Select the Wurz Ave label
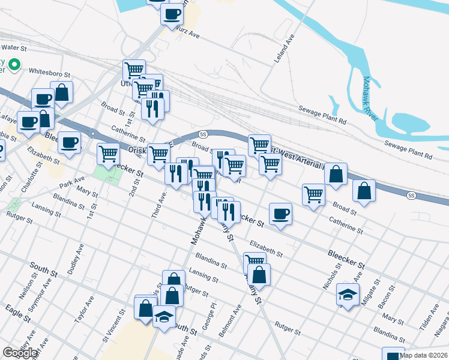tap(187, 34)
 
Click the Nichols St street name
tap(330, 275)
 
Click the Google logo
tap(20, 353)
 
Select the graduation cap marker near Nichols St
tap(348, 294)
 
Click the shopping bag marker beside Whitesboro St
tap(62, 92)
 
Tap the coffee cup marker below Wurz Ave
tap(172, 14)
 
